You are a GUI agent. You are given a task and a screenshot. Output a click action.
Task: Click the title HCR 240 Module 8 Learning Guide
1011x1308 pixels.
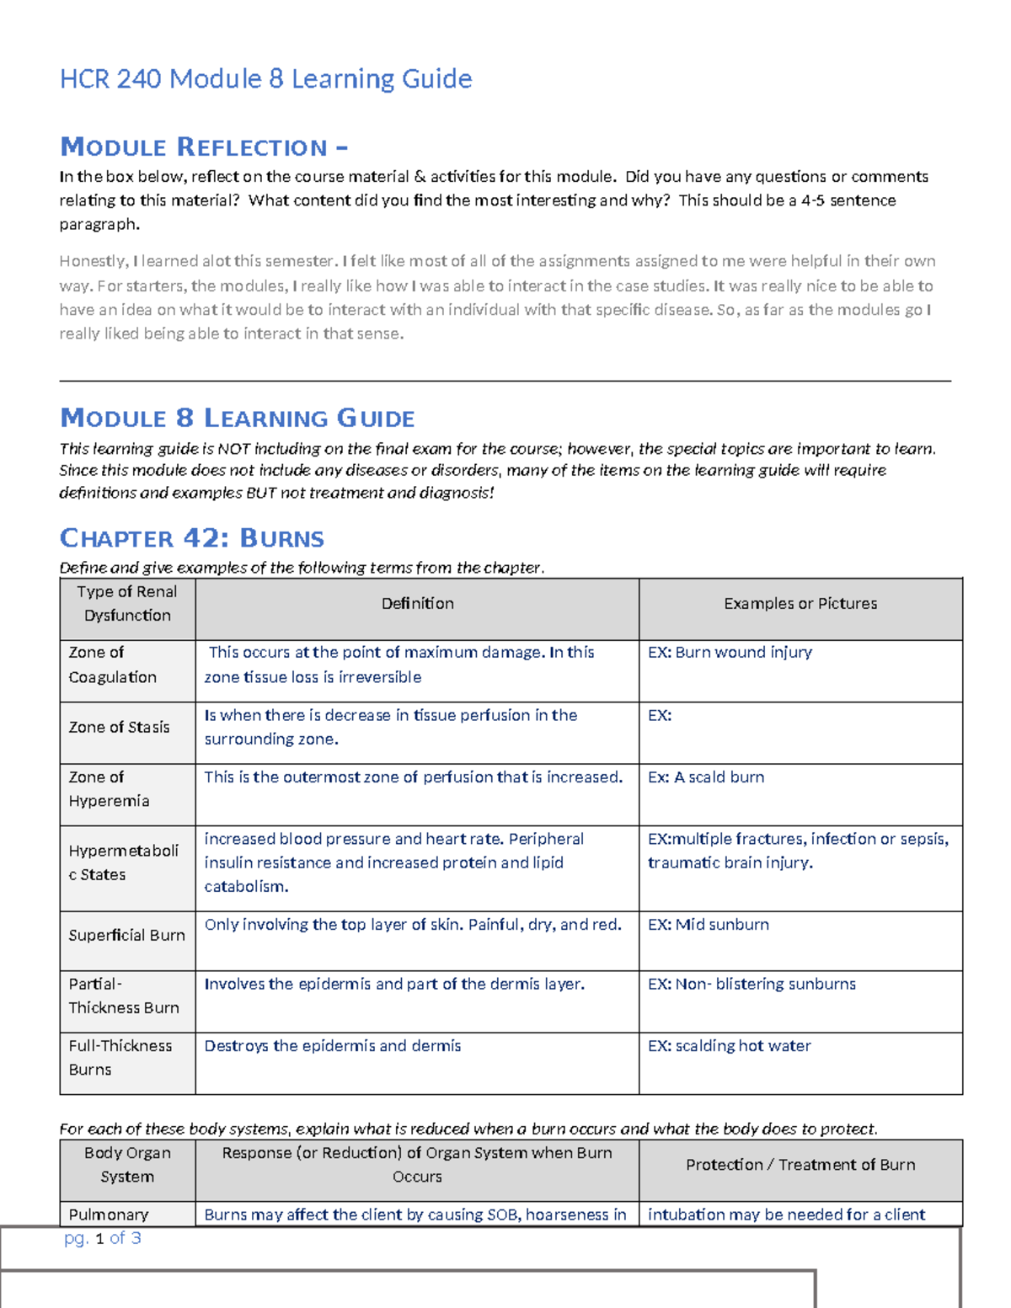(265, 79)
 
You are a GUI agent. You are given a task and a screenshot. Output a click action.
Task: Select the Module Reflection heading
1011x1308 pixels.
(203, 147)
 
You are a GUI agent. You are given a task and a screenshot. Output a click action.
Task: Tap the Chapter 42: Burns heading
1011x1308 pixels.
(191, 538)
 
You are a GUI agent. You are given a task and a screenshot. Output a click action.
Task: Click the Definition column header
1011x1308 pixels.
(417, 604)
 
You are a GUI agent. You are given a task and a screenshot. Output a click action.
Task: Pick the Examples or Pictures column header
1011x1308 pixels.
(800, 604)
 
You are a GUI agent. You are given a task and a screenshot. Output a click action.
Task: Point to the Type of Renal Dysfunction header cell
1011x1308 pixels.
(127, 604)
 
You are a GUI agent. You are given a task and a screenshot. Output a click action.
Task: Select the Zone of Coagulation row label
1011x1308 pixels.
(112, 665)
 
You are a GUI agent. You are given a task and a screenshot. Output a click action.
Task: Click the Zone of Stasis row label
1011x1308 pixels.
(119, 728)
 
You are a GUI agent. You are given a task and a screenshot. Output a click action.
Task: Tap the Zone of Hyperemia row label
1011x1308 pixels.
(109, 789)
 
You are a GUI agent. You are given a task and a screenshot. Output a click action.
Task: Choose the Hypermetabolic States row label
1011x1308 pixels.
(123, 862)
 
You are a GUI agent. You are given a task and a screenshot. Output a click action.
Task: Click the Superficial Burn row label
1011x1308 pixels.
(126, 936)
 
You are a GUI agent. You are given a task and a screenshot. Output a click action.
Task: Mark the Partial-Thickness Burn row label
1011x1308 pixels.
(123, 996)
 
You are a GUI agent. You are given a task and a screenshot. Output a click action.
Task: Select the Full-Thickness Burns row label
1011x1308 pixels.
(120, 1058)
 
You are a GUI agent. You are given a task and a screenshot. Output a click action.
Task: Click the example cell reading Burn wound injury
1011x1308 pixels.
(730, 653)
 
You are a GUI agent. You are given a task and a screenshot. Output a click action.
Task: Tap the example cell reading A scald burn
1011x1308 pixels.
(706, 777)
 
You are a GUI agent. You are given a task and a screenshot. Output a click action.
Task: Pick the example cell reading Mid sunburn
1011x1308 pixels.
(708, 925)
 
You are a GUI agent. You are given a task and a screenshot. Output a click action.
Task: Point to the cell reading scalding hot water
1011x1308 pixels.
(729, 1046)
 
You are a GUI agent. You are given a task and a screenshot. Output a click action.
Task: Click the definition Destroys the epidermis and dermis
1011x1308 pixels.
(333, 1046)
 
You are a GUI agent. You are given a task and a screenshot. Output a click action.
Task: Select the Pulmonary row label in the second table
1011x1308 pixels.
(109, 1215)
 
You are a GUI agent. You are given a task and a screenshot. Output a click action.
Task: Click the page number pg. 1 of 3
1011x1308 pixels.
(102, 1238)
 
